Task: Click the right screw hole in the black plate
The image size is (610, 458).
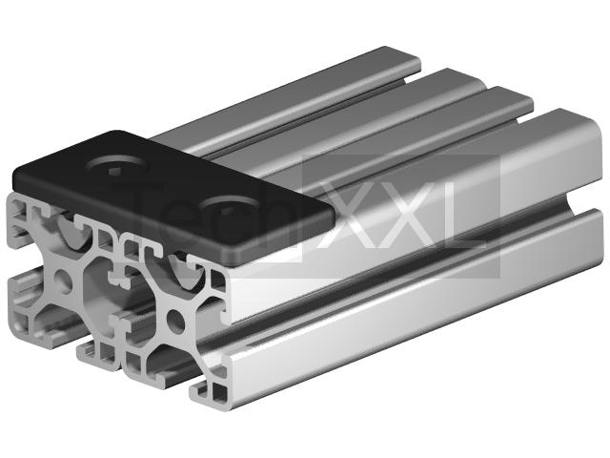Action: click(230, 208)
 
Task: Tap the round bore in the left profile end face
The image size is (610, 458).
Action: click(63, 281)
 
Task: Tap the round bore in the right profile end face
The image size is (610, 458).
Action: click(175, 321)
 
